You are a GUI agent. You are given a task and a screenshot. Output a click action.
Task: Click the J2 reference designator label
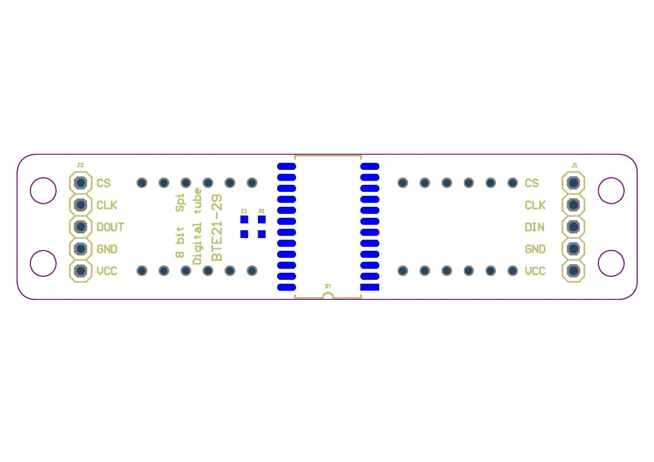coord(80,165)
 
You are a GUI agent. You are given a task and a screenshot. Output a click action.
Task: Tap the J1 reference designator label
coord(574,165)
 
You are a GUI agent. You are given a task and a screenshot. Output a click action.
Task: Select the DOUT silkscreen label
coord(110,227)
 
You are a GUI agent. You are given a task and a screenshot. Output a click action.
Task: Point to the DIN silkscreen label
coord(534,227)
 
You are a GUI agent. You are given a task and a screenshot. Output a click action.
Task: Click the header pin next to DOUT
coord(81,227)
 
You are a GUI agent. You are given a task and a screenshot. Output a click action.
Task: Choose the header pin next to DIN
coord(573,227)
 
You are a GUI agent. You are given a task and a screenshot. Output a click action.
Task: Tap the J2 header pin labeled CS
coord(81,183)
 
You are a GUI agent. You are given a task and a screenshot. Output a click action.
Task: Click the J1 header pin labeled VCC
coord(573,271)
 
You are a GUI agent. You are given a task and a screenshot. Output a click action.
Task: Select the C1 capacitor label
coord(244,211)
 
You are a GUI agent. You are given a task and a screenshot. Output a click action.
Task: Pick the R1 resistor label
coord(261,211)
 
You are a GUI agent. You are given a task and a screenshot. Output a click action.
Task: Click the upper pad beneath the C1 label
coord(244,219)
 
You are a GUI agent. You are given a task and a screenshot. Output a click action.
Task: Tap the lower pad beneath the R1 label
coord(262,234)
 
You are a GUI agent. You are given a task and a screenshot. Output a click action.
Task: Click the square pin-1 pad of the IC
coord(370,287)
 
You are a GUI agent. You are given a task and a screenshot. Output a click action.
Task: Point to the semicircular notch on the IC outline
coord(328,296)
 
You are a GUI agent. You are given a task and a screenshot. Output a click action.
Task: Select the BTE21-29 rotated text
coord(217,228)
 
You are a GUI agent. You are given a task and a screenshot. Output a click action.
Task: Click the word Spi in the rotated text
coord(180,203)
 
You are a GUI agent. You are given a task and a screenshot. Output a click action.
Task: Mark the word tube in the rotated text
coord(197,201)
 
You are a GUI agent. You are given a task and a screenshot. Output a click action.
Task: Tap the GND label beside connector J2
coord(107,249)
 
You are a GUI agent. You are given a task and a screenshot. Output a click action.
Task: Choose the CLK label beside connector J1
coord(535,205)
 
